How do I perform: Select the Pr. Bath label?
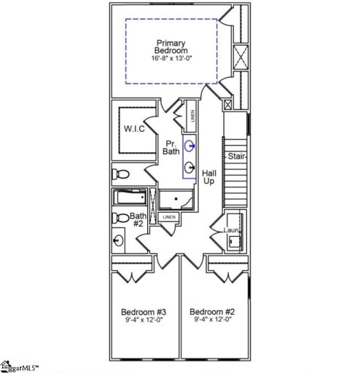[x=171, y=147]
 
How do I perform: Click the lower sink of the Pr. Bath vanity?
[x=189, y=166]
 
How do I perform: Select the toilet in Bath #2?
[x=118, y=217]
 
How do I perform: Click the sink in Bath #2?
[x=118, y=239]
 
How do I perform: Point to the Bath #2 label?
[x=138, y=221]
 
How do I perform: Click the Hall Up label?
[x=209, y=177]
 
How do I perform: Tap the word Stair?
[x=235, y=157]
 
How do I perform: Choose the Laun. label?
[x=232, y=230]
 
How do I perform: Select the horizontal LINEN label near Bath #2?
[x=168, y=217]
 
